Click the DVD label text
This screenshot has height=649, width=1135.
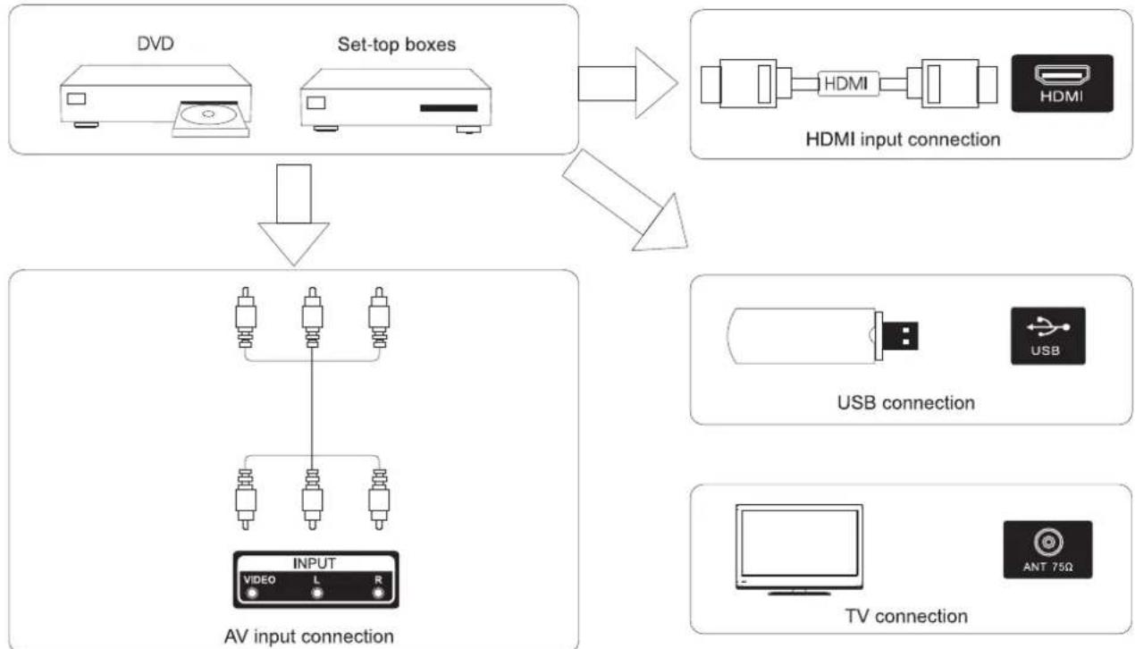(156, 44)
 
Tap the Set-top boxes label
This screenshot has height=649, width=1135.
(397, 45)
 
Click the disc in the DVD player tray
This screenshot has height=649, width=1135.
(209, 114)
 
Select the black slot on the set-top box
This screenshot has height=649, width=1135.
(449, 108)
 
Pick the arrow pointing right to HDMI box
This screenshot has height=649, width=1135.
(627, 83)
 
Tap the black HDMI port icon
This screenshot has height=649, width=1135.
(1062, 83)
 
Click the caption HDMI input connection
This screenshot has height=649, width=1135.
(903, 139)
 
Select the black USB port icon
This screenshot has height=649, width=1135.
(1047, 336)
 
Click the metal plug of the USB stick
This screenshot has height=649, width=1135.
(900, 336)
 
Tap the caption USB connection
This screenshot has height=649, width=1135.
(906, 403)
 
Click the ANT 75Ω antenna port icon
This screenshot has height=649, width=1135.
(1047, 550)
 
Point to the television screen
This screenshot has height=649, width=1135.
(799, 543)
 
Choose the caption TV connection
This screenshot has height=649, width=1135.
(906, 616)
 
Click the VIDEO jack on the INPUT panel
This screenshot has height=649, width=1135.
(252, 594)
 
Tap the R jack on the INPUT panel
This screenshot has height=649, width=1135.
(378, 594)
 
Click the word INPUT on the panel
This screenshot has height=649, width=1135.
(315, 563)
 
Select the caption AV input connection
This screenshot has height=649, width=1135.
(308, 636)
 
